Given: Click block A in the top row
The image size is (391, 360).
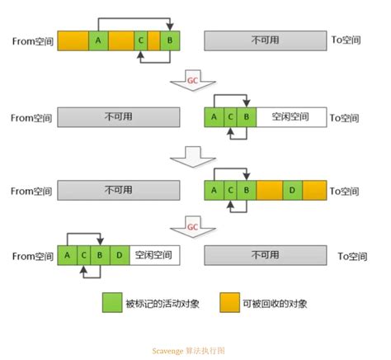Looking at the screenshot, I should point(98,40).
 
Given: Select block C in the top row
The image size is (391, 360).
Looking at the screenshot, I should point(142,40).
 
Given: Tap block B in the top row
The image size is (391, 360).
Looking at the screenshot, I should point(170,40).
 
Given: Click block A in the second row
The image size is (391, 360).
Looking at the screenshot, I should point(214,116).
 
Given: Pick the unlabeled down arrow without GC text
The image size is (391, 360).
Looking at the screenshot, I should point(191,156).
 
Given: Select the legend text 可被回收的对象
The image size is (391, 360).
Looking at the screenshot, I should point(271,303).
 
